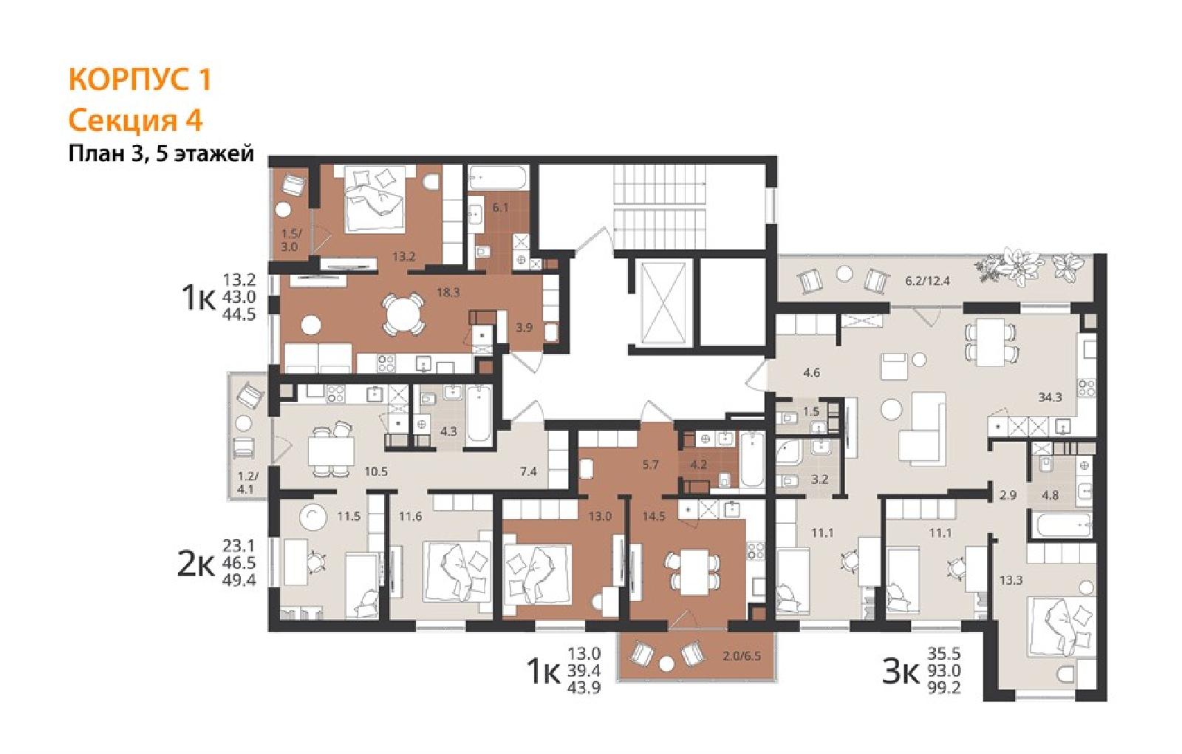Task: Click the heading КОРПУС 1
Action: click(140, 80)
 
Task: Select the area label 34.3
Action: click(1050, 397)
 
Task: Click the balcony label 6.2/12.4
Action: click(927, 281)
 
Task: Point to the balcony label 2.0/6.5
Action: click(742, 657)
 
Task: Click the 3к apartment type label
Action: click(901, 673)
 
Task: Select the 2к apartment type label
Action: click(196, 565)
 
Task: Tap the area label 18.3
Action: click(448, 292)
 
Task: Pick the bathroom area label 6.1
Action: click(500, 208)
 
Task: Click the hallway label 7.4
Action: click(528, 472)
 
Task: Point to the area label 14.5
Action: click(654, 517)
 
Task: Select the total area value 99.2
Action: click(945, 687)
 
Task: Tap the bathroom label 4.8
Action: click(1050, 496)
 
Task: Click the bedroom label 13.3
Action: click(1011, 581)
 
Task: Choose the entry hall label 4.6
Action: click(812, 373)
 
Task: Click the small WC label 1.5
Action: click(811, 411)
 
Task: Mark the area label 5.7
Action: click(651, 465)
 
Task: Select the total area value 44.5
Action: click(239, 315)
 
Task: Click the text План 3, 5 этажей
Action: click(162, 154)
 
